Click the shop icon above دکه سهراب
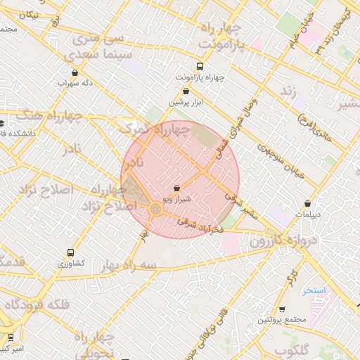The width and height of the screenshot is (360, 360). point(75,72)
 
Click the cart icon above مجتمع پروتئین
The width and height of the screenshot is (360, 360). point(282,309)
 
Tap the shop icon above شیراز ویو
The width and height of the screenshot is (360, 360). point(176,188)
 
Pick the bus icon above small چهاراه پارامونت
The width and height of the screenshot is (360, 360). point(200,67)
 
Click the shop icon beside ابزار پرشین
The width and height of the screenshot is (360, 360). point(186,91)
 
